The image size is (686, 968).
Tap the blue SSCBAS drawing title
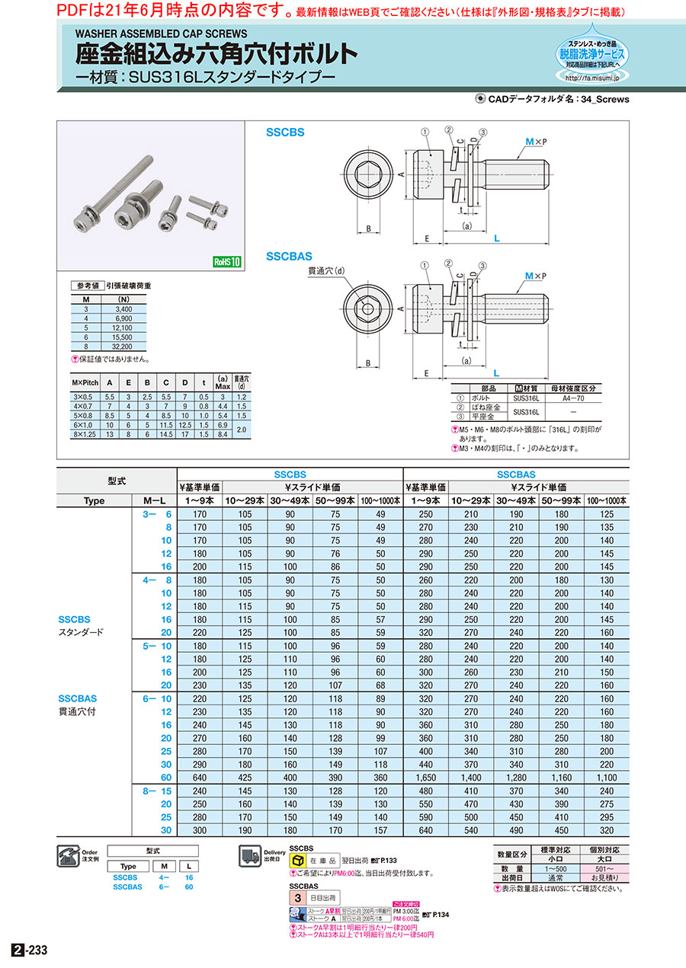click(x=289, y=257)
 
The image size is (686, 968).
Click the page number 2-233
click(x=30, y=950)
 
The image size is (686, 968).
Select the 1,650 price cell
click(x=426, y=778)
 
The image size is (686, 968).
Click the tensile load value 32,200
click(x=123, y=346)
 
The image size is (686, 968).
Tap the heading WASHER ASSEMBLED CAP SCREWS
click(x=161, y=34)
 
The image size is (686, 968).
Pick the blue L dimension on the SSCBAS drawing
click(x=496, y=373)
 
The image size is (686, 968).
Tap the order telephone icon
click(x=67, y=856)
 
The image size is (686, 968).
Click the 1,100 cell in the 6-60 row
click(x=607, y=778)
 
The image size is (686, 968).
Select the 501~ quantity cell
click(x=596, y=868)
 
